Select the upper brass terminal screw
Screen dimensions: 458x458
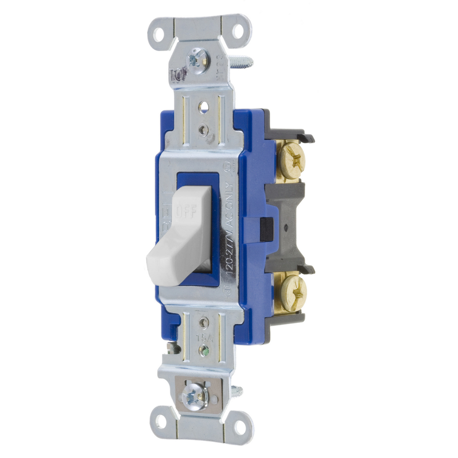[292, 159]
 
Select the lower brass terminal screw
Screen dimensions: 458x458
[293, 293]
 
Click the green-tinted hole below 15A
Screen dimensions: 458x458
[204, 350]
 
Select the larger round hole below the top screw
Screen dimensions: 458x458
[204, 106]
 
